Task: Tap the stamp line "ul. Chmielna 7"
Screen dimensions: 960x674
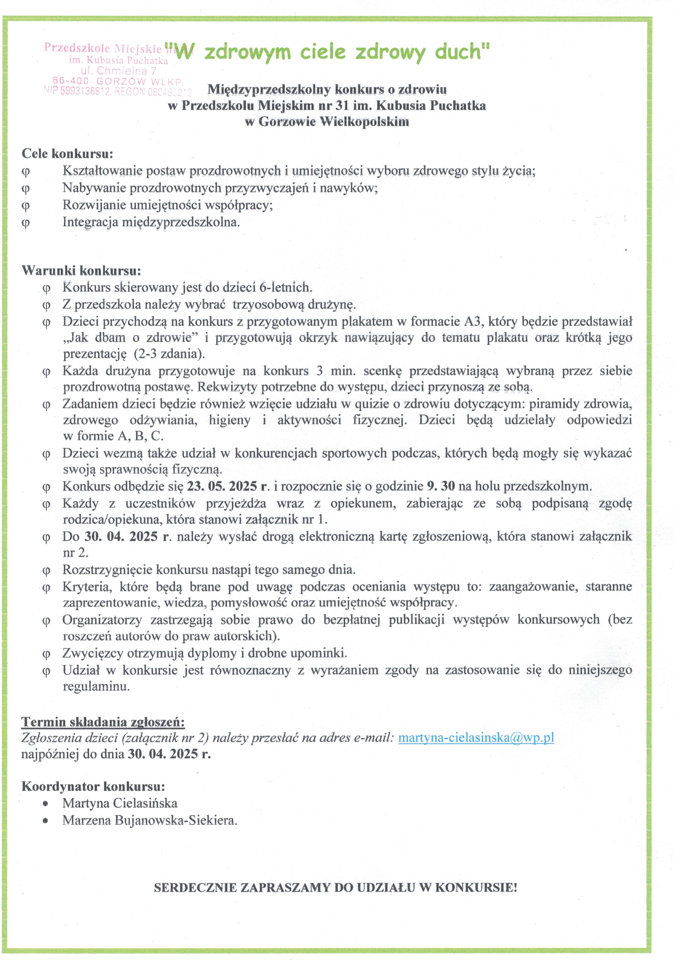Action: tap(118, 71)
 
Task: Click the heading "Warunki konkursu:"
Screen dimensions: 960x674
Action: tap(81, 270)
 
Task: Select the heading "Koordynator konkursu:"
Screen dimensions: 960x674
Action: tap(93, 786)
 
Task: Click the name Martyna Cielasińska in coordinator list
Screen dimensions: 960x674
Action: tap(120, 803)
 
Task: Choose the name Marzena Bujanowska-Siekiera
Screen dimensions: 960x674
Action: tap(149, 820)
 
